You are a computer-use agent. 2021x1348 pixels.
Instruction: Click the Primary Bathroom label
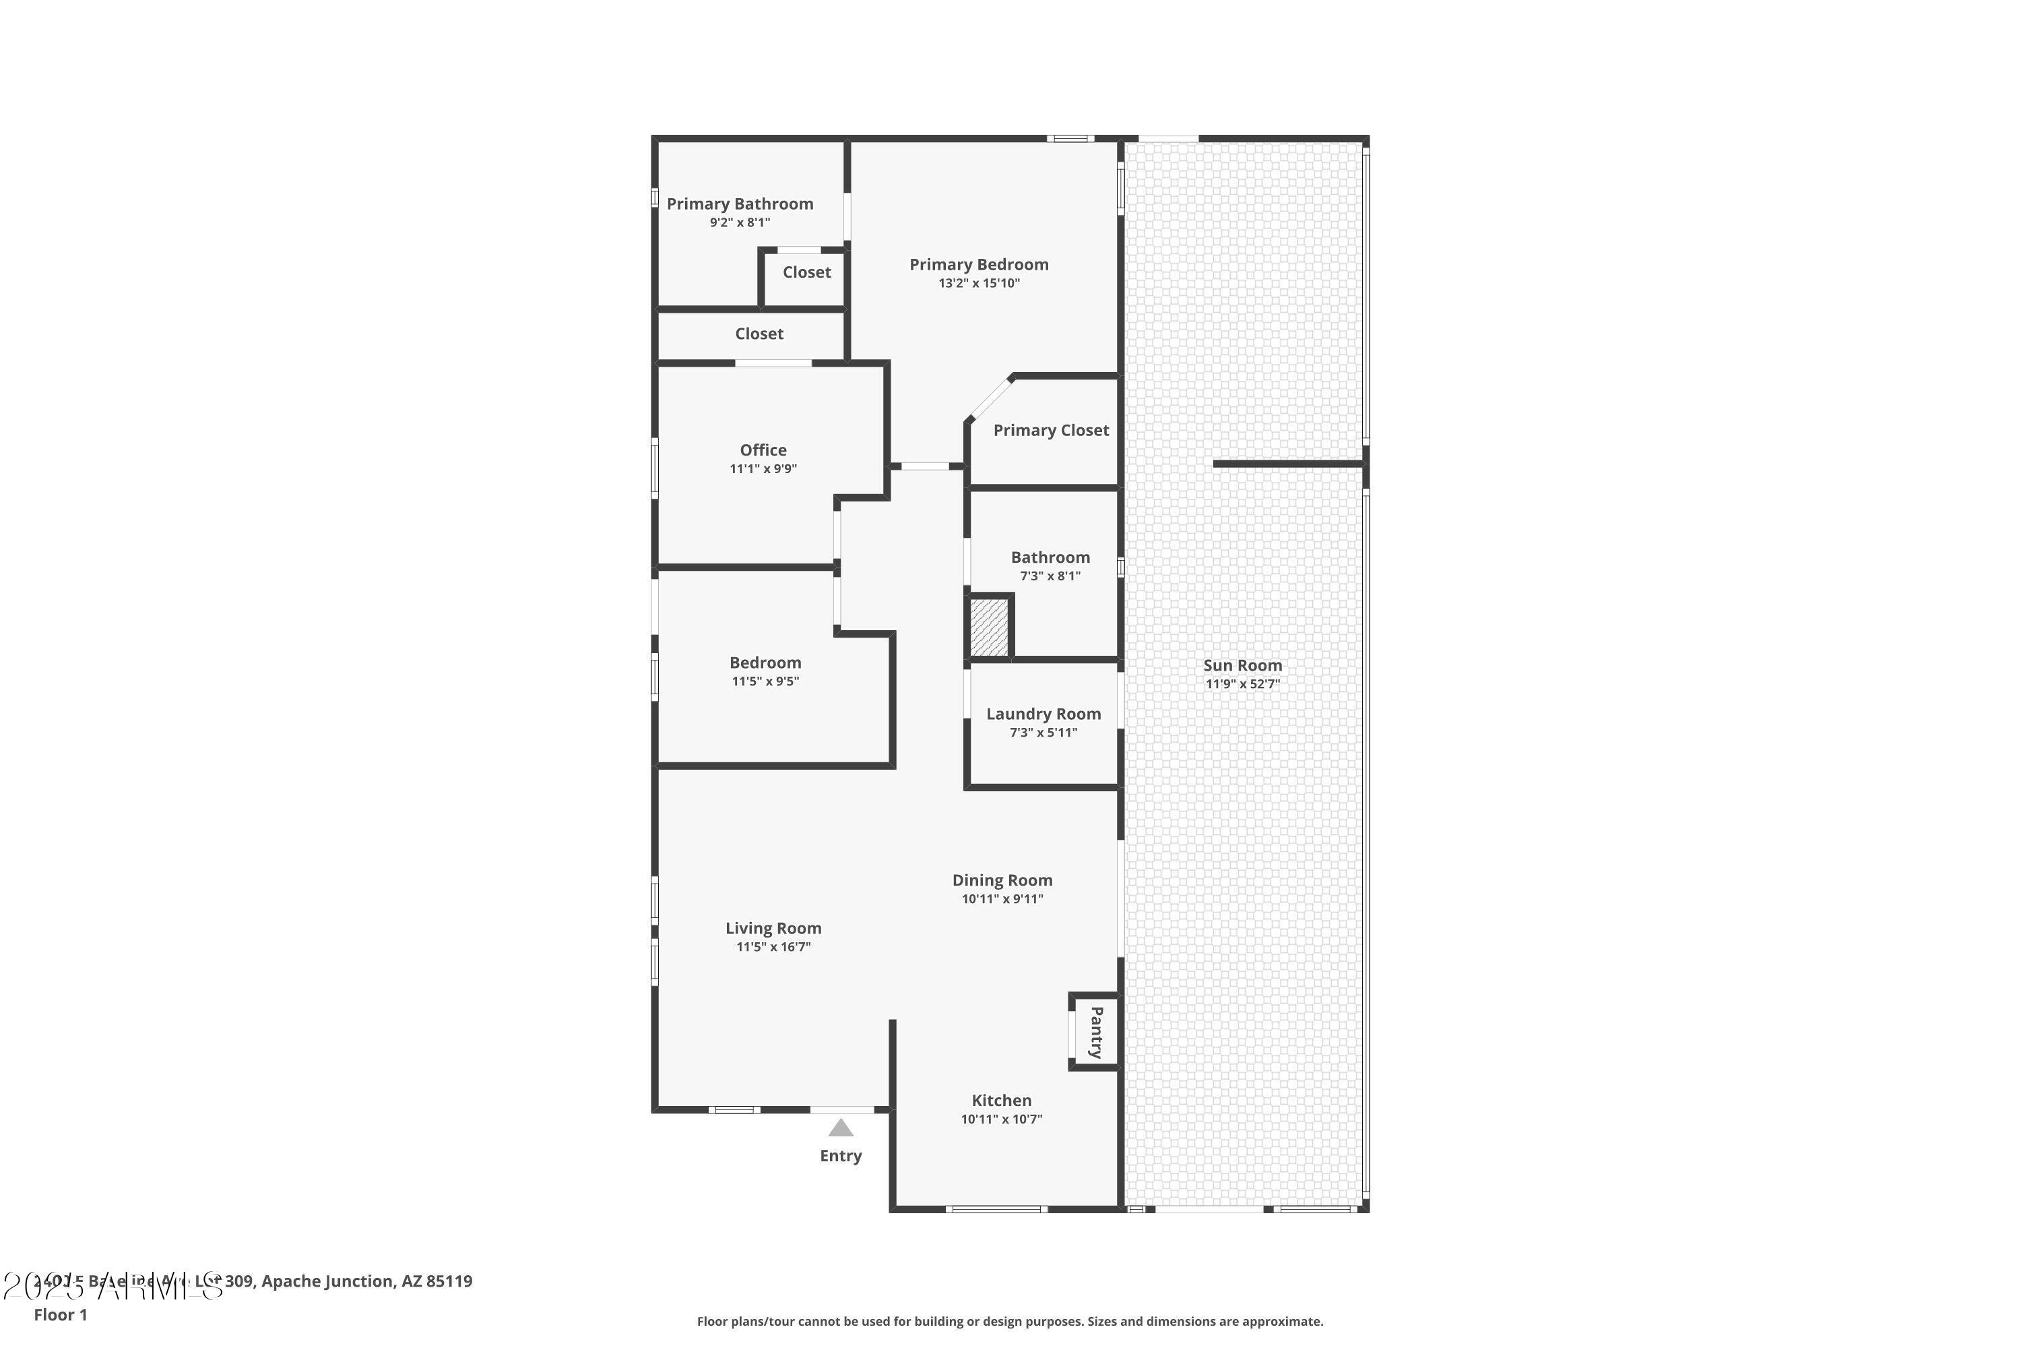[740, 204]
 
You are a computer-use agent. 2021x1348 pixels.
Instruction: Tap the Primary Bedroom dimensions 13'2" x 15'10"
[979, 283]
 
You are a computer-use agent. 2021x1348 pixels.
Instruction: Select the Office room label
[763, 450]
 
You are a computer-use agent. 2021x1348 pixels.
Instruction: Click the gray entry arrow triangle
[840, 1128]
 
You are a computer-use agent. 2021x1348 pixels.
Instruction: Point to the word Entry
[840, 1155]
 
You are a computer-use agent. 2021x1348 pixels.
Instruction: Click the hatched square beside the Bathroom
[988, 627]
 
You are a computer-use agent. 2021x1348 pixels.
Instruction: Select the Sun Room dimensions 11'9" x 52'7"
[1242, 684]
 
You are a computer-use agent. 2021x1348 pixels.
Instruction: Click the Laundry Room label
[1043, 714]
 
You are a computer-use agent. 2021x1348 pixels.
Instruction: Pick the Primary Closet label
[1051, 430]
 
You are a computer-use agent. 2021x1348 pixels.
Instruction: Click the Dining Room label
[1002, 880]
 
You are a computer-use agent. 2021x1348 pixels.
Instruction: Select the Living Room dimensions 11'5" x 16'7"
[773, 946]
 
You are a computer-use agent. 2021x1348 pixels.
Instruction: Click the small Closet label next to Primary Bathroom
[806, 272]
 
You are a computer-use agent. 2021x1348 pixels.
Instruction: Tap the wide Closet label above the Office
[759, 334]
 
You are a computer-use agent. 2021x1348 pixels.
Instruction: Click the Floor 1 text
[60, 1314]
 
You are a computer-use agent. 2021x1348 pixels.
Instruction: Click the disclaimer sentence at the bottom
[1010, 1321]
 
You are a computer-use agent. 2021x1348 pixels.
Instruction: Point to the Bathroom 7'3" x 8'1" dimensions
[1050, 576]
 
